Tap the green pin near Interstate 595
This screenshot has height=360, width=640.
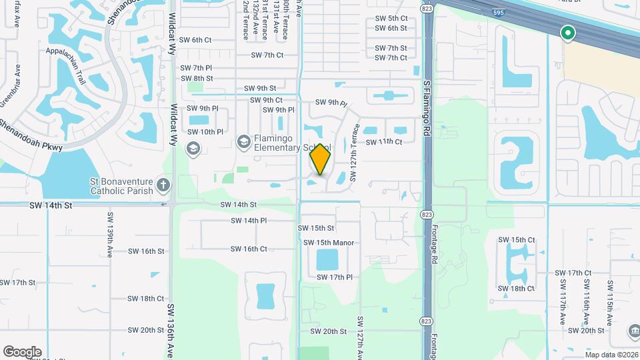tap(568, 32)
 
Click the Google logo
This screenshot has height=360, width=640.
tap(22, 352)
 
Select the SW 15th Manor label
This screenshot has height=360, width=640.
tap(329, 243)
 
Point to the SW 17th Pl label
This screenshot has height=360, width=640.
tap(334, 277)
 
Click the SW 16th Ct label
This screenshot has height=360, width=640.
tap(249, 249)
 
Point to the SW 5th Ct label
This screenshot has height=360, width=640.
tap(391, 18)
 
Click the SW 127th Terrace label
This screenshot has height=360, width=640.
tap(355, 151)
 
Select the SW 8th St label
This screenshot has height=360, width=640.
tap(197, 78)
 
